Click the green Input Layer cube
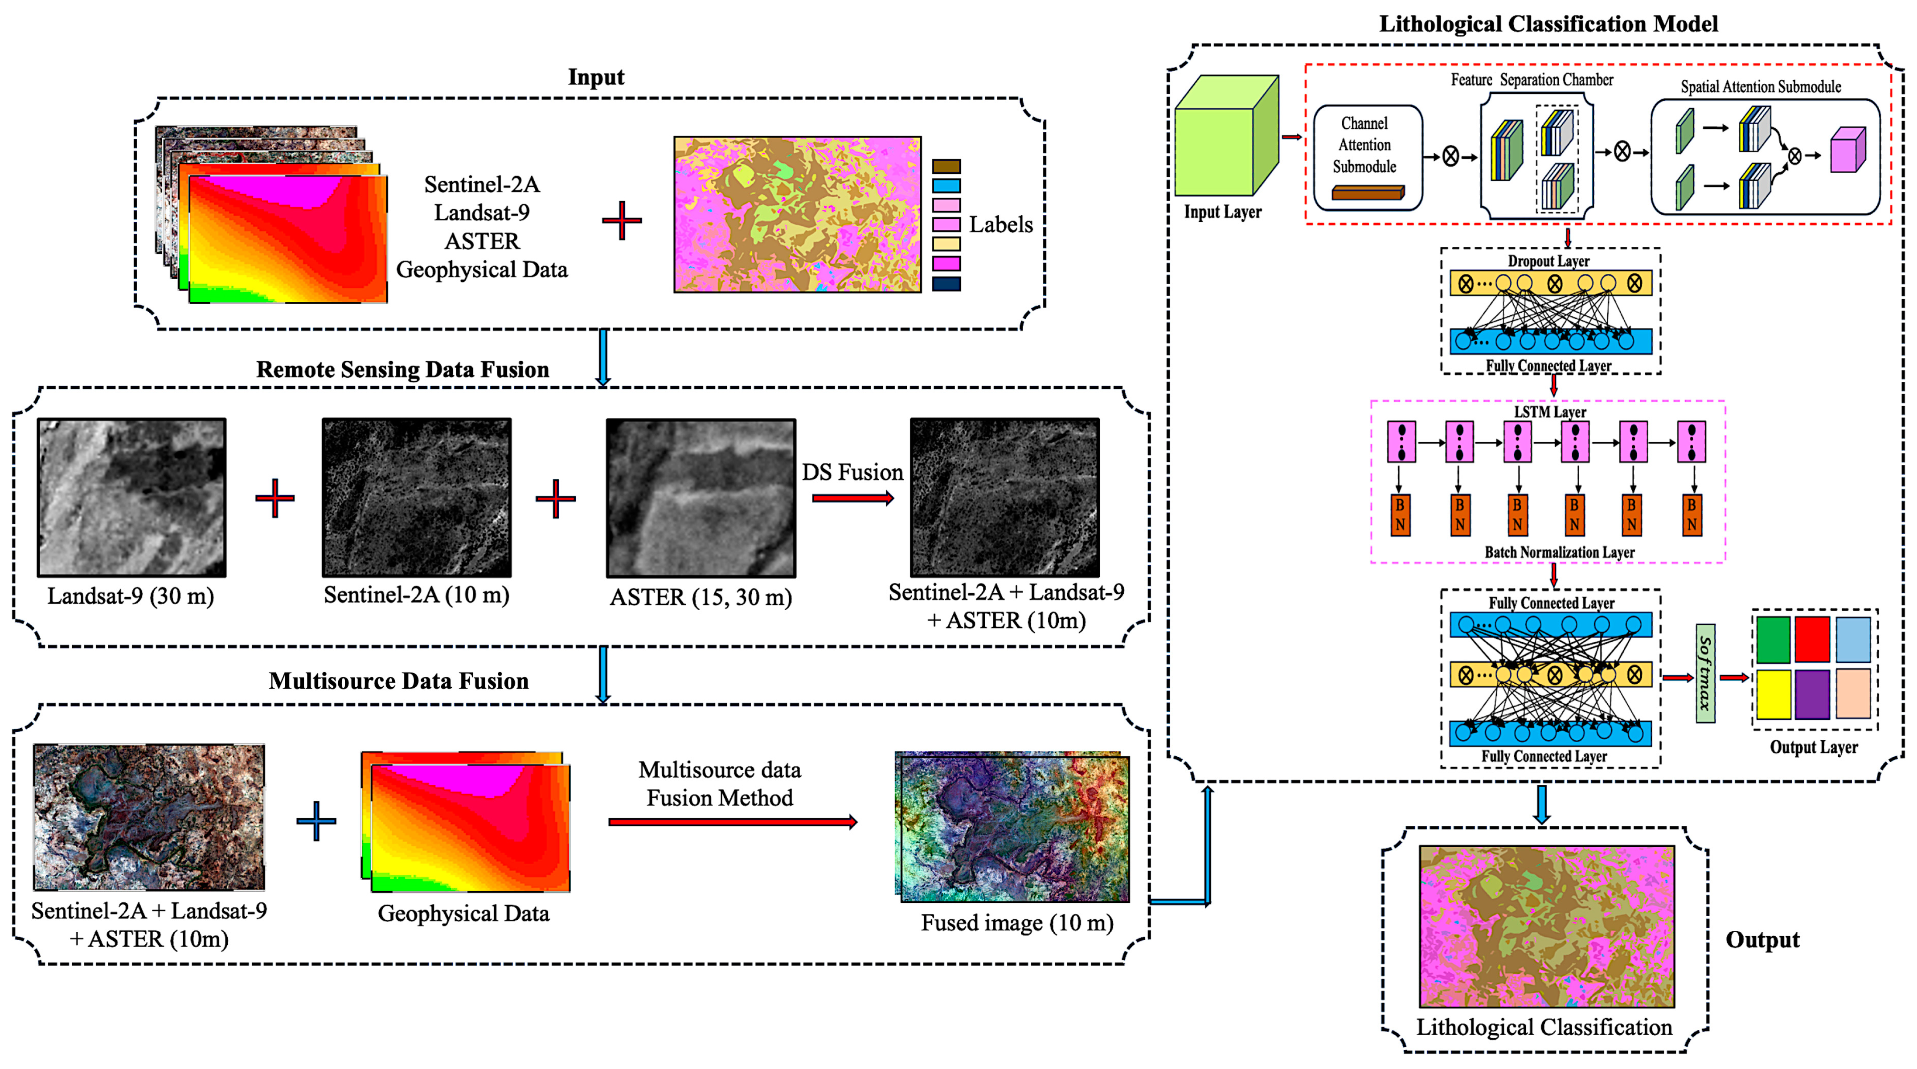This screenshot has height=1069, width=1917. (x=1224, y=138)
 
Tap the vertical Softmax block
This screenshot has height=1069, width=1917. (x=1705, y=673)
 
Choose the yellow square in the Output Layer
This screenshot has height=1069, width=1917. (x=1774, y=694)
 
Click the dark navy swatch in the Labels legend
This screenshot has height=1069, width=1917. (x=946, y=283)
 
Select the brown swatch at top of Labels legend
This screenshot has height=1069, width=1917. (x=946, y=166)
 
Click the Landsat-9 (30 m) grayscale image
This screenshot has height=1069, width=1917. (x=132, y=497)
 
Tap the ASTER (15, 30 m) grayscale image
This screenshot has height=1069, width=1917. (x=700, y=497)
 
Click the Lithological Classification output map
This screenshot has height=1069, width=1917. (x=1546, y=926)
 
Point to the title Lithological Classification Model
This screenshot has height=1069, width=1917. (x=1548, y=24)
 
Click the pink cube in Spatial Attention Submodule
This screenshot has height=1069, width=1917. (x=1847, y=151)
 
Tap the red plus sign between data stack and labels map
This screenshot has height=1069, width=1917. (x=621, y=220)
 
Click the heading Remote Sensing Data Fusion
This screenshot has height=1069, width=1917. (x=402, y=370)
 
